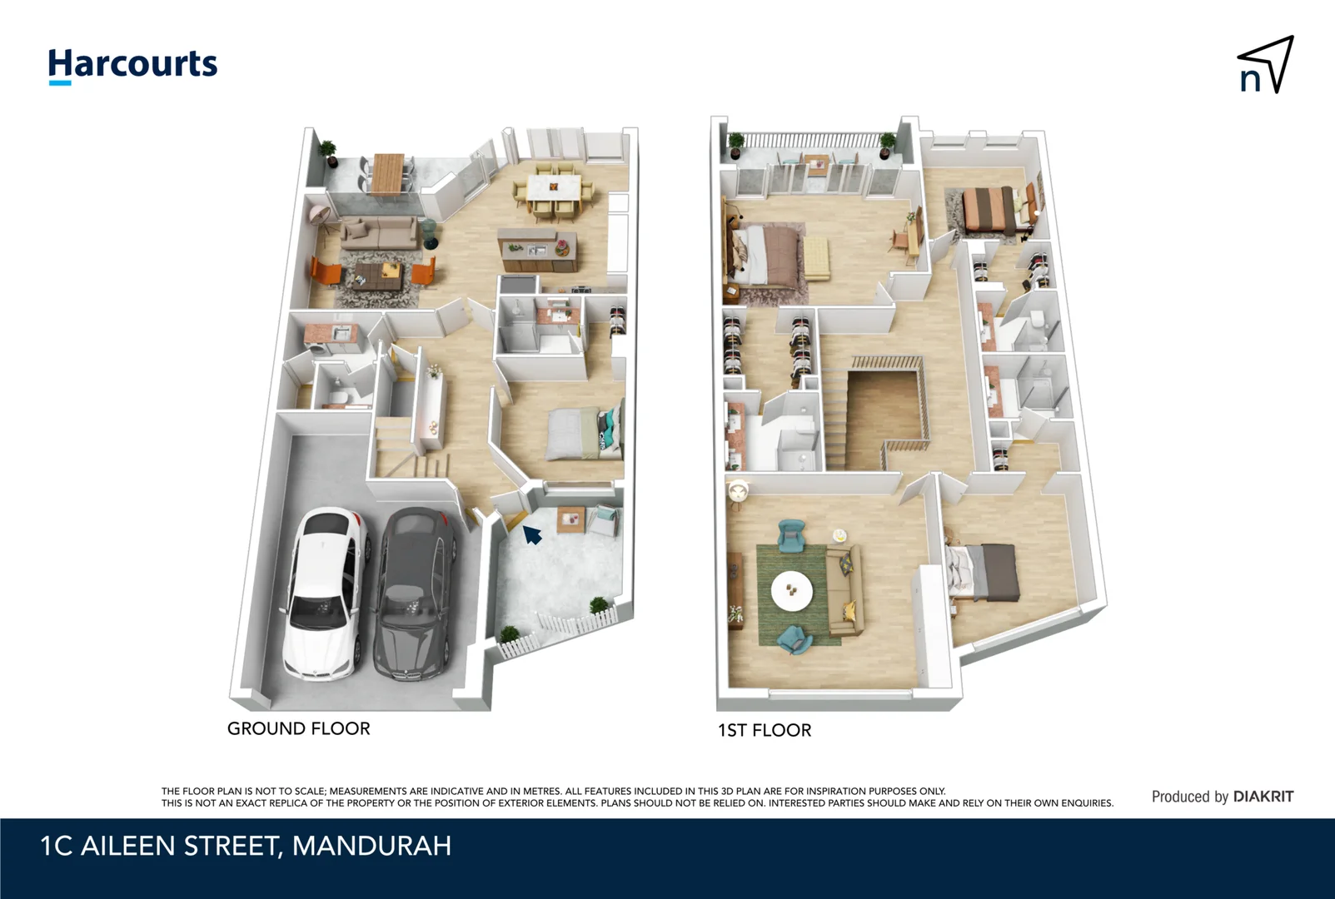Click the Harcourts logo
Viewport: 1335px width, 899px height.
pos(132,65)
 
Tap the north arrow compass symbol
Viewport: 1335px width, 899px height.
pos(1265,65)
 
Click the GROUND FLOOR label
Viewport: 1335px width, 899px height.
pos(298,728)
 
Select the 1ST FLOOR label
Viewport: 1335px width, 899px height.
pos(764,730)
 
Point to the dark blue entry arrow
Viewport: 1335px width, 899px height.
pos(531,534)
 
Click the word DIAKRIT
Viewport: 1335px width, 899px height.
pos(1263,797)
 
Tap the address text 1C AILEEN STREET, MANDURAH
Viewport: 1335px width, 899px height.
pos(246,846)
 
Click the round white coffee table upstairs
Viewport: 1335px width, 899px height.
pos(792,591)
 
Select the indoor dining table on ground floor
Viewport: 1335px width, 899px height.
pos(554,186)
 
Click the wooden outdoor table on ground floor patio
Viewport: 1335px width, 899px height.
pos(386,172)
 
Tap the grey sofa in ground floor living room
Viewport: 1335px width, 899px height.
pos(379,231)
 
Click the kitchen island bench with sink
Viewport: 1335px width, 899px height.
pos(537,248)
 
